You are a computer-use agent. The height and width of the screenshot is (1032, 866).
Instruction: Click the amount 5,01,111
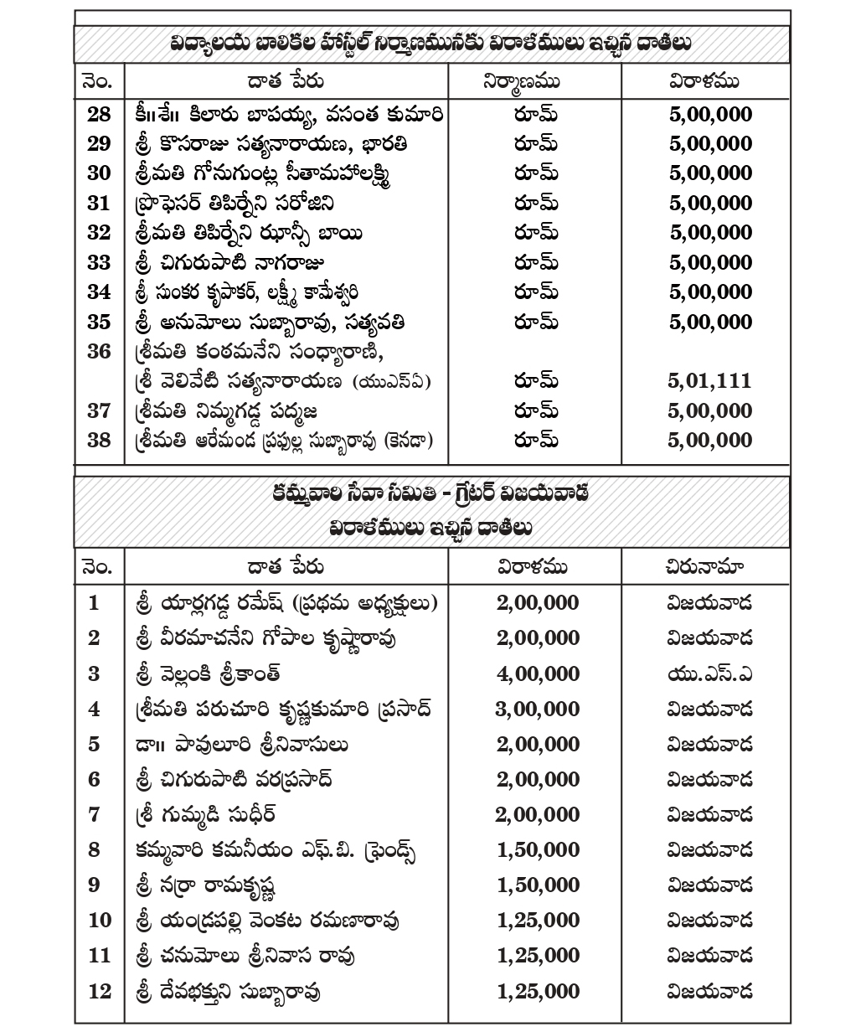709,382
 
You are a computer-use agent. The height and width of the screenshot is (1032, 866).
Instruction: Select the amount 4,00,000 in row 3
537,673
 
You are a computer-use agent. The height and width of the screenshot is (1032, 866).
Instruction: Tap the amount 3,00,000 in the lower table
537,709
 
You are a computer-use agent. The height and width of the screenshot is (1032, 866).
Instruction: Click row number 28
99,115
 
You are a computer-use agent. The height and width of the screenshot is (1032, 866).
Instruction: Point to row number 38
99,441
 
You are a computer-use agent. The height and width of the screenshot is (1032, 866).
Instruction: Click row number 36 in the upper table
99,352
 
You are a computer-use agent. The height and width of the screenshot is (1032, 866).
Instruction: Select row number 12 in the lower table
99,991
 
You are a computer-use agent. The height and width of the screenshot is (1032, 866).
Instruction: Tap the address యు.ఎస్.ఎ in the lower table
709,673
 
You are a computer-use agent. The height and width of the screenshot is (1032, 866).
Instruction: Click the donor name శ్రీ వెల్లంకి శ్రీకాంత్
207,673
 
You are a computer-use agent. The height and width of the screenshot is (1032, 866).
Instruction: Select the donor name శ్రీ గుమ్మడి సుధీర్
204,814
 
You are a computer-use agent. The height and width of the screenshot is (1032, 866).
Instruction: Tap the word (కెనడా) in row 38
408,441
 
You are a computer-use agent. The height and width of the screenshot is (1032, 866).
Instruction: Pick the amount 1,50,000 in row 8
537,850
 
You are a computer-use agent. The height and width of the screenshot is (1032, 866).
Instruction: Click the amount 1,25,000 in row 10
537,921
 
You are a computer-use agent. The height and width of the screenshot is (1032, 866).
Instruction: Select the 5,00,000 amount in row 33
710,263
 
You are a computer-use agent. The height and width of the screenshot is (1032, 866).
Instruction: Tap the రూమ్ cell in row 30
536,173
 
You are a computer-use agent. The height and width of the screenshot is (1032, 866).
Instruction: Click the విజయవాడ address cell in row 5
709,744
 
